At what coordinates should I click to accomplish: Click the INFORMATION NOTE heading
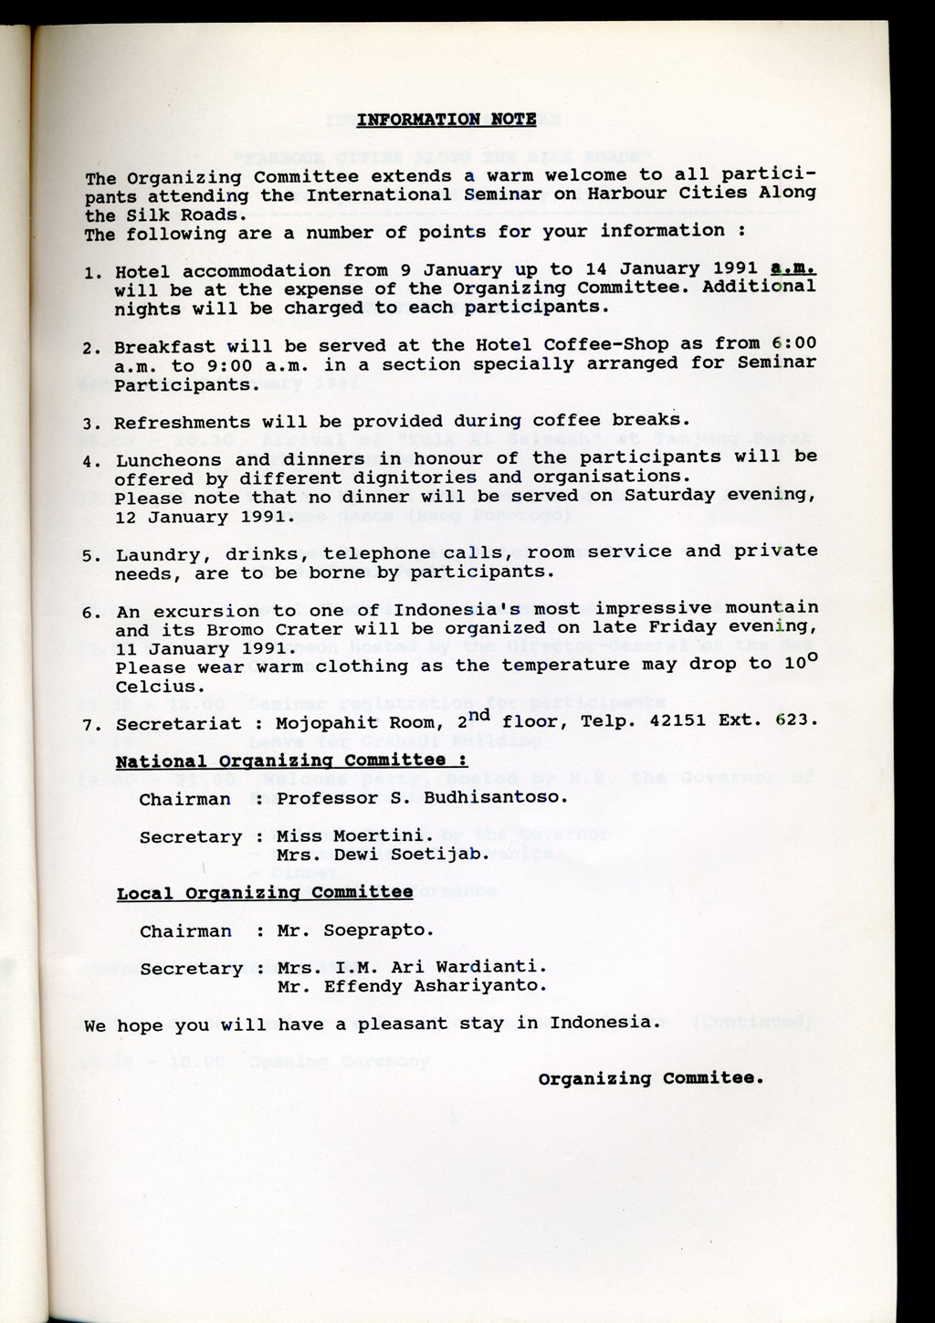pyautogui.click(x=446, y=120)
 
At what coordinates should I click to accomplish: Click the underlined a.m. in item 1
pyautogui.click(x=792, y=268)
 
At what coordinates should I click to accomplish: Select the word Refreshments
pyautogui.click(x=183, y=423)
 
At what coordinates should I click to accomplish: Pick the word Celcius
pyautogui.click(x=155, y=687)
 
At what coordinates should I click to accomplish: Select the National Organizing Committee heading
pyautogui.click(x=291, y=761)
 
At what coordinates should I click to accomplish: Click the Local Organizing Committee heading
pyautogui.click(x=265, y=893)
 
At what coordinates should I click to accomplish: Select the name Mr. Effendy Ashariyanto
pyautogui.click(x=412, y=987)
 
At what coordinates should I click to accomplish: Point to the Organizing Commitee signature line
pyautogui.click(x=650, y=1078)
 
